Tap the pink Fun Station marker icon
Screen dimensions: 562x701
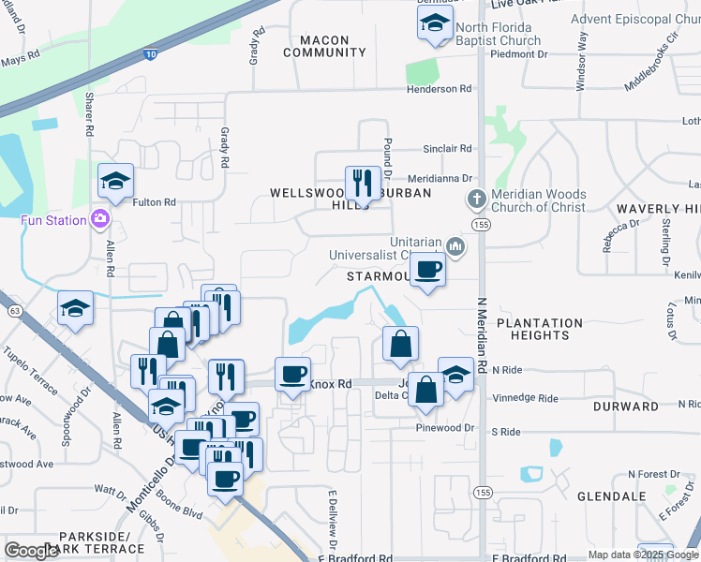(99, 219)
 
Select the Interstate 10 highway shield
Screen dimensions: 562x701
(151, 55)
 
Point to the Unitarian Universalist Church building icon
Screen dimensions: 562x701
(455, 246)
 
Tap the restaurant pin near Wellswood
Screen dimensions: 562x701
(363, 183)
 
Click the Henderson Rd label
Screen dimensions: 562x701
(439, 89)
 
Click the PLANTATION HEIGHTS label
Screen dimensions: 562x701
(540, 329)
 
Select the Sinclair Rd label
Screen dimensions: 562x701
(446, 149)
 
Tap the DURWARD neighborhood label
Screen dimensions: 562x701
(626, 407)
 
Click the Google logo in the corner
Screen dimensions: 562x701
(31, 550)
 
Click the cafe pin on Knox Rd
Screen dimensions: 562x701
(292, 374)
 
